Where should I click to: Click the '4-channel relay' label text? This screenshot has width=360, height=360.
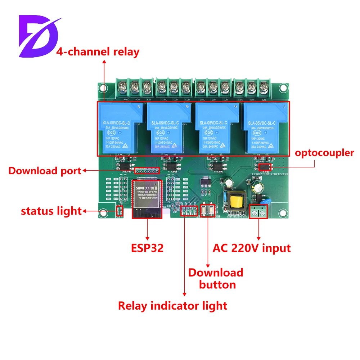tap(98, 51)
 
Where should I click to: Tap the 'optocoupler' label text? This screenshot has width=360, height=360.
tap(324, 153)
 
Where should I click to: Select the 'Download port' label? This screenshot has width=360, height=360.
tap(45, 171)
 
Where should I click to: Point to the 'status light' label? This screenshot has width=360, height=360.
tap(51, 211)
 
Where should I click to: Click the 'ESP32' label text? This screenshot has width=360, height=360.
tap(147, 248)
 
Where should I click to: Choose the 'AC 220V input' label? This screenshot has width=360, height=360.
tap(252, 248)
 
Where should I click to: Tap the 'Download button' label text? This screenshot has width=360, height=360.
tap(216, 278)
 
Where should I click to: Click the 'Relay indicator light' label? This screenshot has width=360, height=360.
tap(173, 306)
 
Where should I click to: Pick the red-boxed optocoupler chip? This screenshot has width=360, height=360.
tap(265, 167)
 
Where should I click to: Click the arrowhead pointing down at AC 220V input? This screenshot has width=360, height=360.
tap(259, 238)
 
